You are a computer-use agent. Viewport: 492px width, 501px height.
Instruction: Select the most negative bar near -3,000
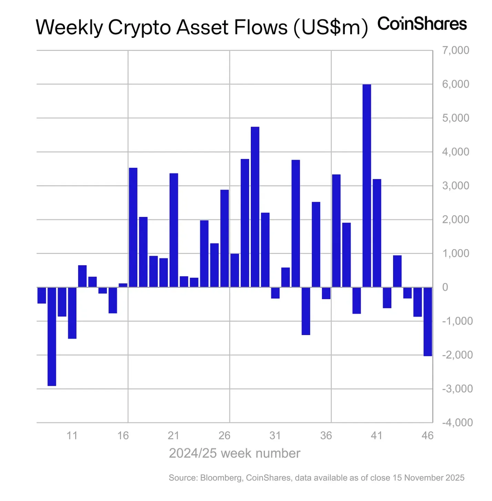[x=52, y=336]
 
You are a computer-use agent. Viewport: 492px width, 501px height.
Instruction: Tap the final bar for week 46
[x=428, y=321]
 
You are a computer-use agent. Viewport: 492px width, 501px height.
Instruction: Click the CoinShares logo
[x=422, y=24]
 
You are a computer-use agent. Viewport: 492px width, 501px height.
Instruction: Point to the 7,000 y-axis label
[x=455, y=50]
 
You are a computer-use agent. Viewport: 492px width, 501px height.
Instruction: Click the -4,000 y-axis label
[x=457, y=422]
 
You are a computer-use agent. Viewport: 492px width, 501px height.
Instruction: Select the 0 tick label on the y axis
[x=445, y=287]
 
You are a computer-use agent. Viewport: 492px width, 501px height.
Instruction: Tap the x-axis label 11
[x=72, y=435]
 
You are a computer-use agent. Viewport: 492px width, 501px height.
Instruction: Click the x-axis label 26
[x=224, y=435]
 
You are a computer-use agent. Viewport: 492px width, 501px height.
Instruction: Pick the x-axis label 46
[x=428, y=435]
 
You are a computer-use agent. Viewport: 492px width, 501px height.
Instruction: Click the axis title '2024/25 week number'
[x=234, y=453]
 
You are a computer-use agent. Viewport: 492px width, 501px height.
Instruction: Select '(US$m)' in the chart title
[x=331, y=27]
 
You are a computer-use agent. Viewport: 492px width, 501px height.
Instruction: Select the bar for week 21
[x=174, y=230]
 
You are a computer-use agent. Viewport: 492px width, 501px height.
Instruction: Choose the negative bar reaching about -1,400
[x=306, y=311]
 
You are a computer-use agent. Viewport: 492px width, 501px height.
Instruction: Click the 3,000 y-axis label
[x=455, y=186]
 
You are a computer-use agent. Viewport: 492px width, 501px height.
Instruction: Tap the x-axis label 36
[x=326, y=435]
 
